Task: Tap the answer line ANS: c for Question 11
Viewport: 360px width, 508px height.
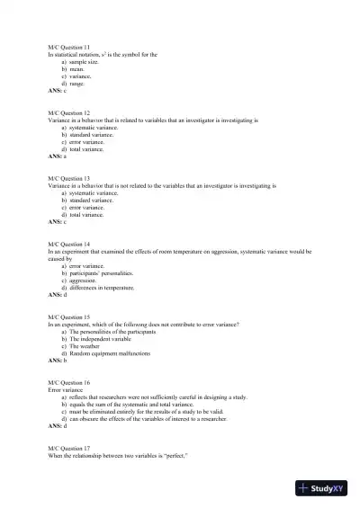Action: [x=58, y=91]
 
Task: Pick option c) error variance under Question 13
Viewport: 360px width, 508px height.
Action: [x=82, y=208]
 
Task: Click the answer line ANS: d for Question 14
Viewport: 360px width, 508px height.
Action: [x=58, y=295]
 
